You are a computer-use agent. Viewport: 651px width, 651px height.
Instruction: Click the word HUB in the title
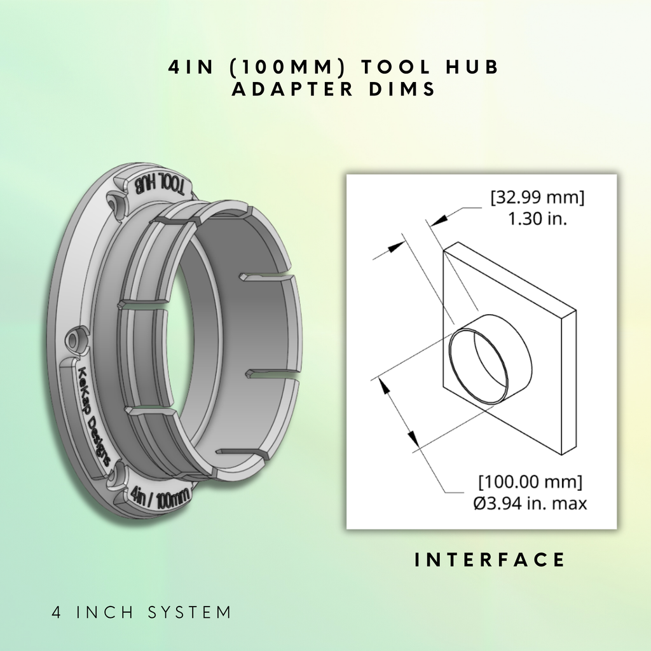(472, 67)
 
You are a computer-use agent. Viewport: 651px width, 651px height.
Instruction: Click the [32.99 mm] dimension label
(537, 197)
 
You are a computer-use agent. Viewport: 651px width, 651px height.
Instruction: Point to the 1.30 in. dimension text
(538, 219)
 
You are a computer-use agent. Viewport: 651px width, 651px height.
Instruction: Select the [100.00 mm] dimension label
(530, 482)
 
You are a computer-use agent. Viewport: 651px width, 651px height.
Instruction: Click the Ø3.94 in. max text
(530, 504)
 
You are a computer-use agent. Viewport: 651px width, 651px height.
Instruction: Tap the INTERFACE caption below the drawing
(490, 559)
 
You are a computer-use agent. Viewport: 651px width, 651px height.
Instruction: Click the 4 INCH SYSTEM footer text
(142, 612)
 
